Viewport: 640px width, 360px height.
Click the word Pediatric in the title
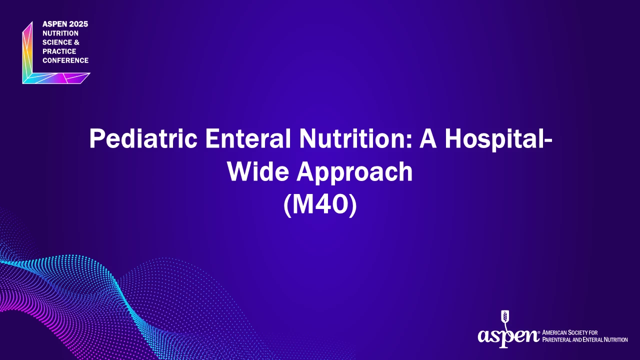(x=143, y=139)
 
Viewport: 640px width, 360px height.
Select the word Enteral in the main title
(x=248, y=138)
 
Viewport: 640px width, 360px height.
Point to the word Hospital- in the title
(x=498, y=139)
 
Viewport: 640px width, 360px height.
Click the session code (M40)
(x=320, y=204)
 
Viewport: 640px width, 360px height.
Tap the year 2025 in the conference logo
(x=78, y=24)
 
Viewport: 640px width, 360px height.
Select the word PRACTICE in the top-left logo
(x=59, y=51)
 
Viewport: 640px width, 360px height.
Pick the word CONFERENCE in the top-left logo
(x=65, y=60)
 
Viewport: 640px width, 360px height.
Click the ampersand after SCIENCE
(x=76, y=42)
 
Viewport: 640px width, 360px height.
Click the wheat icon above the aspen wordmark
(x=505, y=319)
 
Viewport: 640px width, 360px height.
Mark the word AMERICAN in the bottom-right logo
(x=554, y=332)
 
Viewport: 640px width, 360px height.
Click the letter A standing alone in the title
(x=428, y=138)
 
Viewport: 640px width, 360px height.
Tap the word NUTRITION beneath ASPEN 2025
(x=60, y=33)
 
